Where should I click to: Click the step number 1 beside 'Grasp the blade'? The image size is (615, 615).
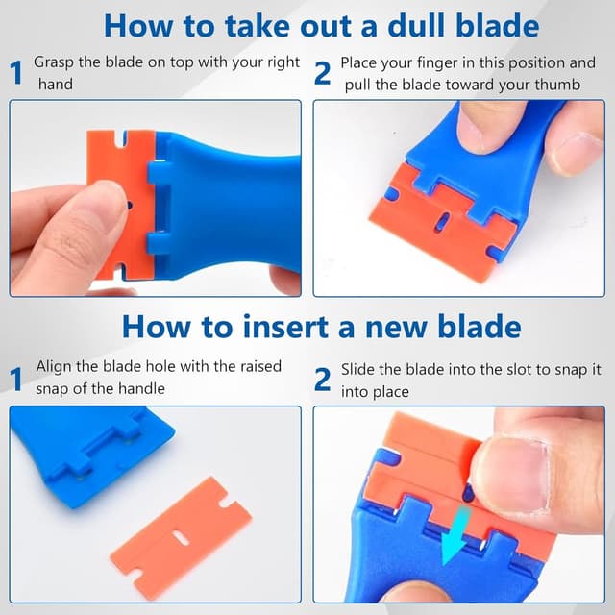(x=16, y=73)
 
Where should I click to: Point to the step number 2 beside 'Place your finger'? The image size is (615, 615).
(x=323, y=73)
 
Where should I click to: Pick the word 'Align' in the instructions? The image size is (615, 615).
(x=54, y=367)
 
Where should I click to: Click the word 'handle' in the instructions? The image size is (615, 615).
(x=142, y=388)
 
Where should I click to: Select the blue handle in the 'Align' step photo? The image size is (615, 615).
(x=86, y=442)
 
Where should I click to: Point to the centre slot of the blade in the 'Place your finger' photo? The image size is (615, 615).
(x=437, y=223)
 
